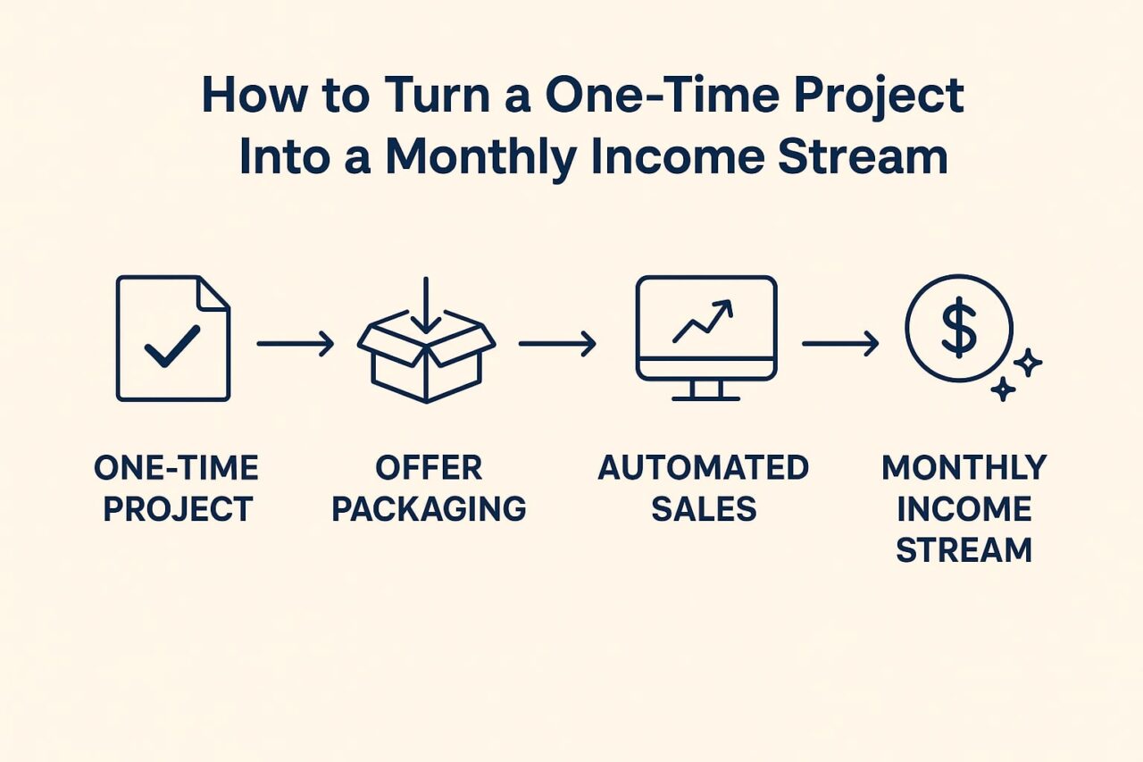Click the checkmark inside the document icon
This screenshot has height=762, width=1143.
click(x=172, y=346)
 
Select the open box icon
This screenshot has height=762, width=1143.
click(x=426, y=357)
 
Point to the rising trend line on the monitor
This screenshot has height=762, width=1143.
click(x=702, y=322)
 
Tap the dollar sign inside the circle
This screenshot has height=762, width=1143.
click(x=958, y=328)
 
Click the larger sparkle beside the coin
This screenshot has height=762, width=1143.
click(x=1028, y=363)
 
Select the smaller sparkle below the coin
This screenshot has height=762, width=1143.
click(x=1003, y=389)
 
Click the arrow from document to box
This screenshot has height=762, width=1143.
click(x=296, y=343)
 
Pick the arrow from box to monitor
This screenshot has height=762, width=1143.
click(x=557, y=343)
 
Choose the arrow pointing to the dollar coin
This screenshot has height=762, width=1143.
click(x=840, y=343)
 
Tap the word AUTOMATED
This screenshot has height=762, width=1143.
click(x=703, y=467)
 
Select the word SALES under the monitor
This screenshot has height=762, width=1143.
click(x=703, y=509)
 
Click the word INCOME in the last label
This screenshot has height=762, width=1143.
click(x=964, y=509)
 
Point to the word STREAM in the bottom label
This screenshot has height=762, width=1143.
click(x=964, y=550)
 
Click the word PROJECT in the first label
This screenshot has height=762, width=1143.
click(x=178, y=509)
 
